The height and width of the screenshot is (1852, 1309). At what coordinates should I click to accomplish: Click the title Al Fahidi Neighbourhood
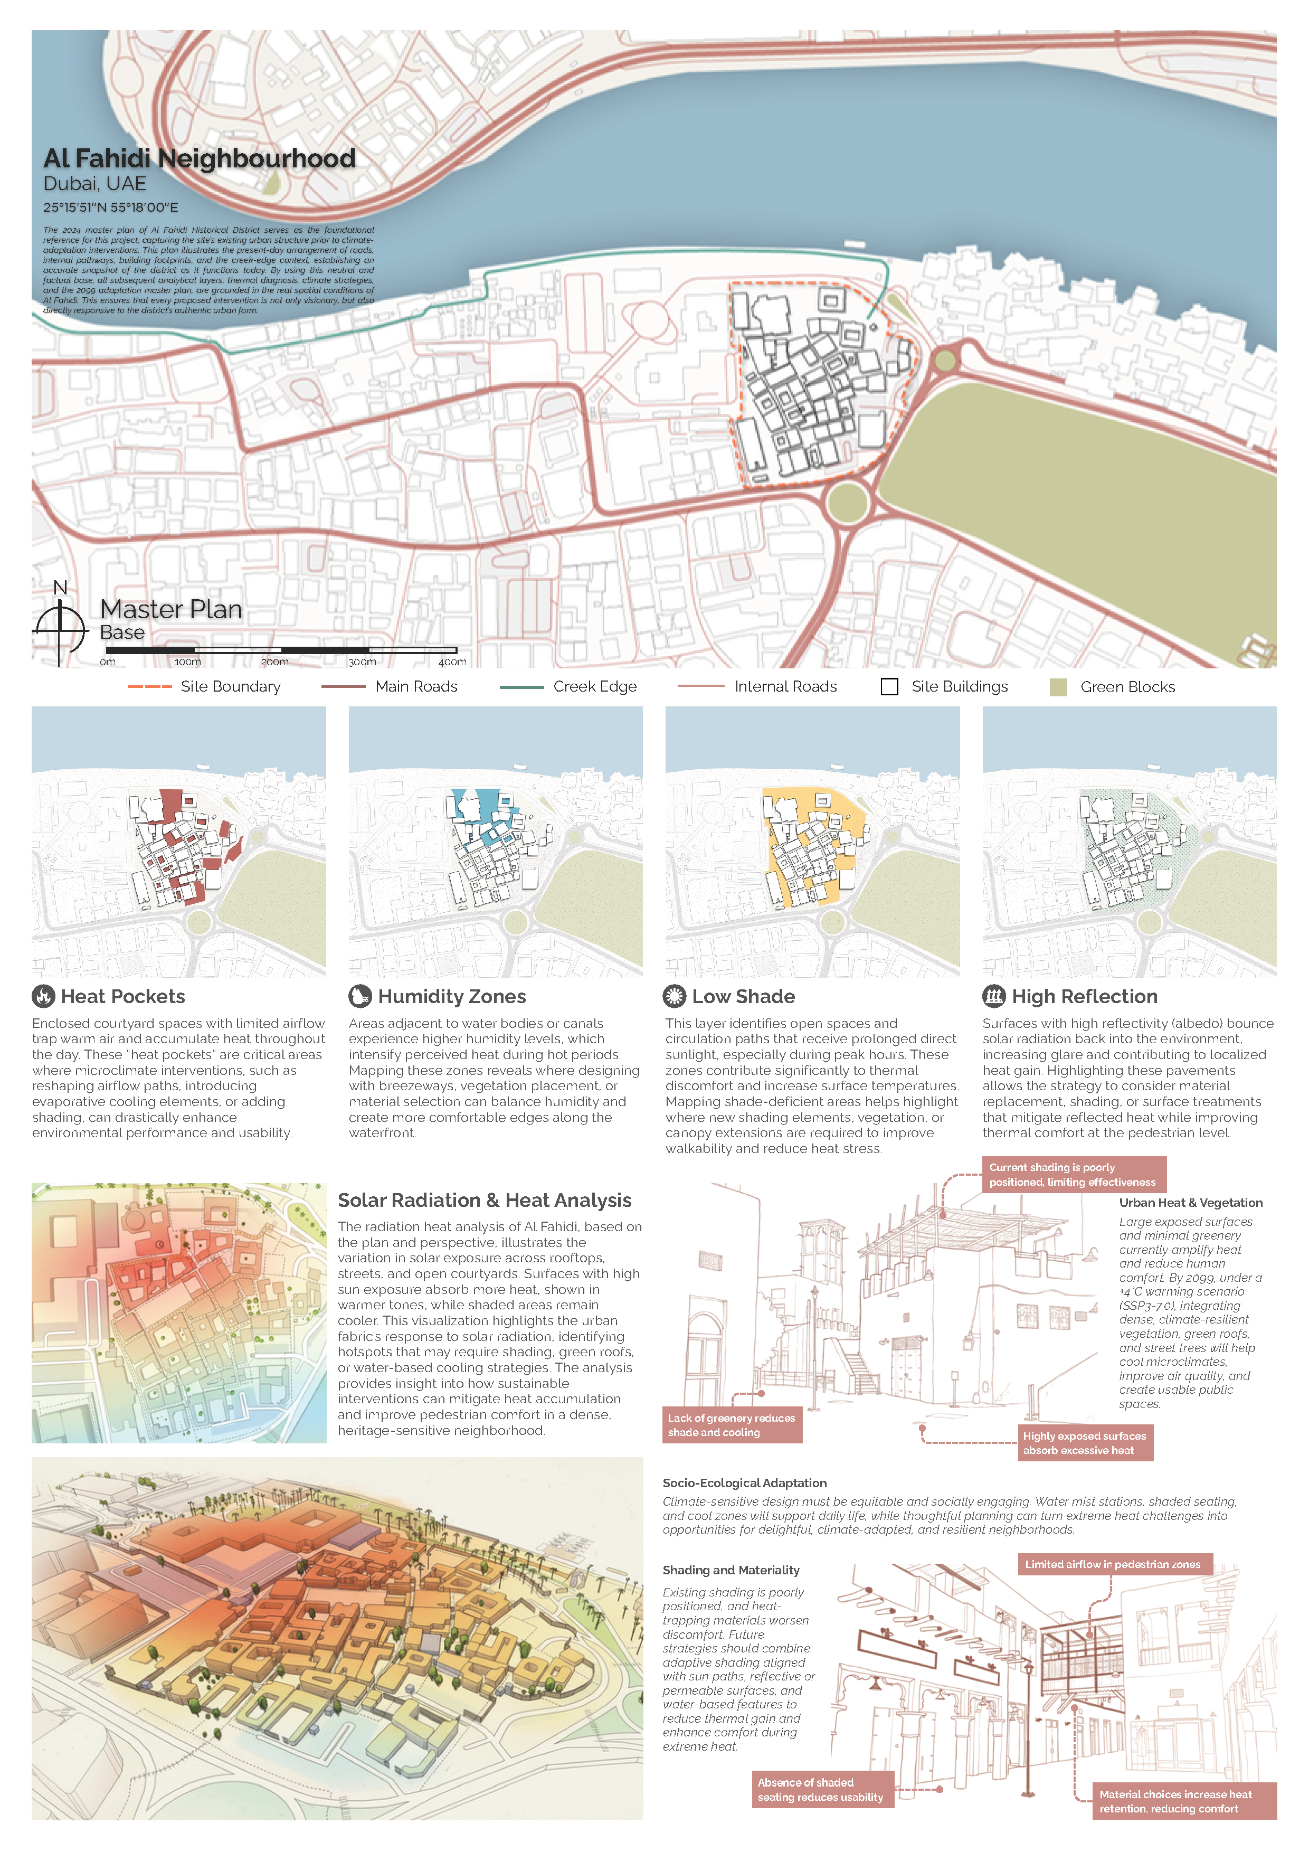[199, 158]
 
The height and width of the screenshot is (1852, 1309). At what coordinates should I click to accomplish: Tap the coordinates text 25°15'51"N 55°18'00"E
[110, 207]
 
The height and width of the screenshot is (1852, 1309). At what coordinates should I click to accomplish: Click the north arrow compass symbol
[60, 627]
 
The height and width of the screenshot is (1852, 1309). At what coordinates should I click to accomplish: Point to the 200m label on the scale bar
[274, 662]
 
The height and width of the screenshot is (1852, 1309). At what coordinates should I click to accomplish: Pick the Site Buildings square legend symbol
[889, 686]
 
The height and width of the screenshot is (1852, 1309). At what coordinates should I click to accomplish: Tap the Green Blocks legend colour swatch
[1058, 687]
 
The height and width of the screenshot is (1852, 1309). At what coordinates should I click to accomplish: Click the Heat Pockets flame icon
[43, 996]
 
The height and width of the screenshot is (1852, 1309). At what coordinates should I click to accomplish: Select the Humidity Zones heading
[452, 996]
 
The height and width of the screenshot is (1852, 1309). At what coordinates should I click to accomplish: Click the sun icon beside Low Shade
[674, 996]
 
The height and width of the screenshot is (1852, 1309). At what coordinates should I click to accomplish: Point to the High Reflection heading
[1084, 996]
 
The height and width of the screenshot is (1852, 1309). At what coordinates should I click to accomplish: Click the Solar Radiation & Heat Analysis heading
[484, 1200]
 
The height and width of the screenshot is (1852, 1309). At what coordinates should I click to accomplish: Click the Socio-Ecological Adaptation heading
[744, 1482]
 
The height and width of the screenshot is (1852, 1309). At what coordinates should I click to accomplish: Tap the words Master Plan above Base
[171, 609]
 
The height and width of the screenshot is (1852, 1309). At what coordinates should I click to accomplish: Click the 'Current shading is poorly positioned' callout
[1072, 1175]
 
